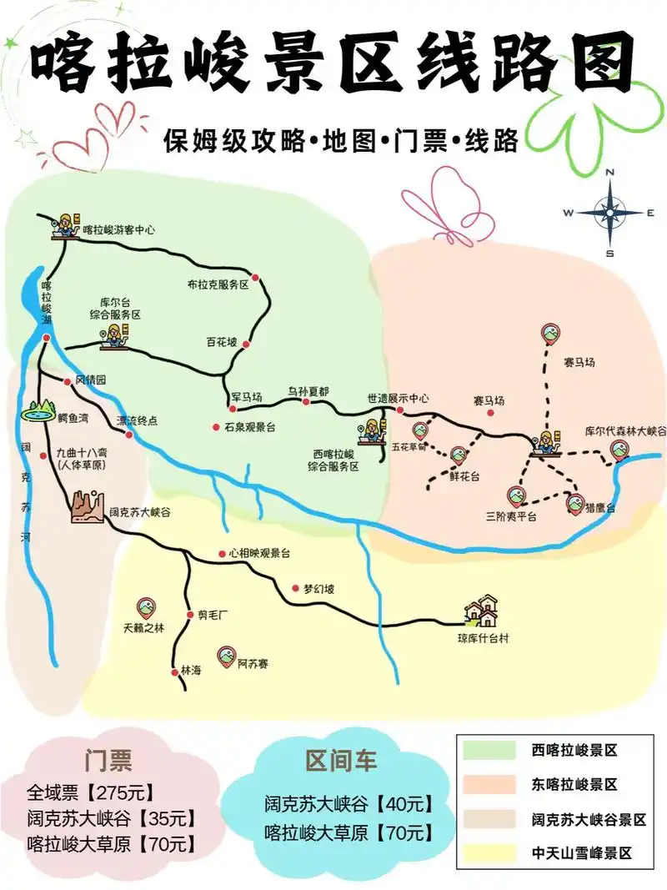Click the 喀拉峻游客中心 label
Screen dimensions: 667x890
click(x=118, y=229)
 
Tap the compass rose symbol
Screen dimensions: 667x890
click(x=609, y=213)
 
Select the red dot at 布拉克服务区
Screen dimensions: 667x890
click(x=256, y=277)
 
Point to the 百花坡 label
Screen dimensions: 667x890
click(x=222, y=342)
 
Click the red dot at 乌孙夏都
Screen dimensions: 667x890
click(x=306, y=402)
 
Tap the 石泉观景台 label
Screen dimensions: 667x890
click(x=249, y=427)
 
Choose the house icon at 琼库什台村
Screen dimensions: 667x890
click(x=482, y=611)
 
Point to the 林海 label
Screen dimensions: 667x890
click(x=191, y=671)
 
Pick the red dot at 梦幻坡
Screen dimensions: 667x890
click(x=295, y=588)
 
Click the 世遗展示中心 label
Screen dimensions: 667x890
click(x=398, y=398)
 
